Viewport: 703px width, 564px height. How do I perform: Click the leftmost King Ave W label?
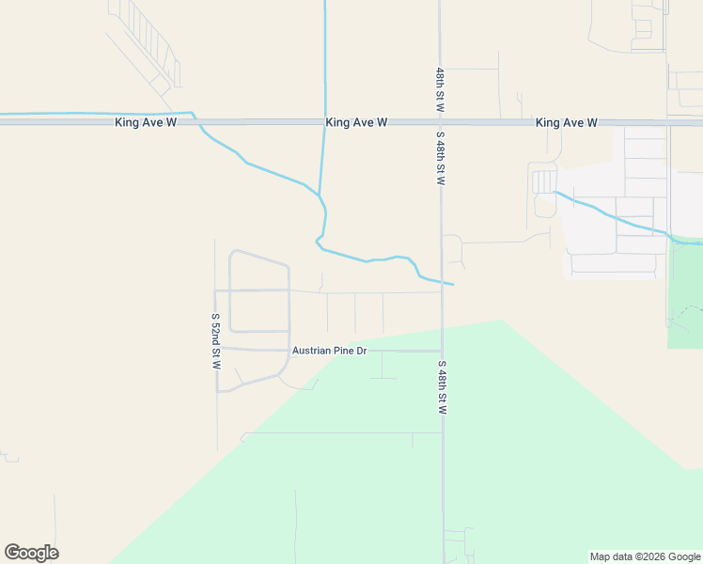146,123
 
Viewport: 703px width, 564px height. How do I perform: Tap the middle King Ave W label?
357,123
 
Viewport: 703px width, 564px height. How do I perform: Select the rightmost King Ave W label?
567,123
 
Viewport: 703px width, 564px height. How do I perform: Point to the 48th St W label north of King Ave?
440,90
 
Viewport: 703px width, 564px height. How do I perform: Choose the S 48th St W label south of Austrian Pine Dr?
442,387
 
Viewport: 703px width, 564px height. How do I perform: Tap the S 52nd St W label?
215,340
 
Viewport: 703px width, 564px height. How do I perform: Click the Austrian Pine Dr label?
329,351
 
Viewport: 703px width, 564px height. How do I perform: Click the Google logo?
31,553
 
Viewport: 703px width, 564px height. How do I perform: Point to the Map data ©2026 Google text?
644,556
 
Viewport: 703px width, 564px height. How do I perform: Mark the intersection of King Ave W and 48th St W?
440,122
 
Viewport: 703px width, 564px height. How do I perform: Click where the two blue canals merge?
320,196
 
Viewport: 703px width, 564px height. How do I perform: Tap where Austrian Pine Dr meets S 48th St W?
442,351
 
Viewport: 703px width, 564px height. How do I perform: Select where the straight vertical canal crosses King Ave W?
325,122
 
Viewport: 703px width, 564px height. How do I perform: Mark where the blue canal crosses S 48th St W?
441,281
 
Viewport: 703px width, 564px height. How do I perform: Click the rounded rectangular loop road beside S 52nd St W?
259,290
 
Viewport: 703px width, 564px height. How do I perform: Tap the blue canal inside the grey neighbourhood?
611,215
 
